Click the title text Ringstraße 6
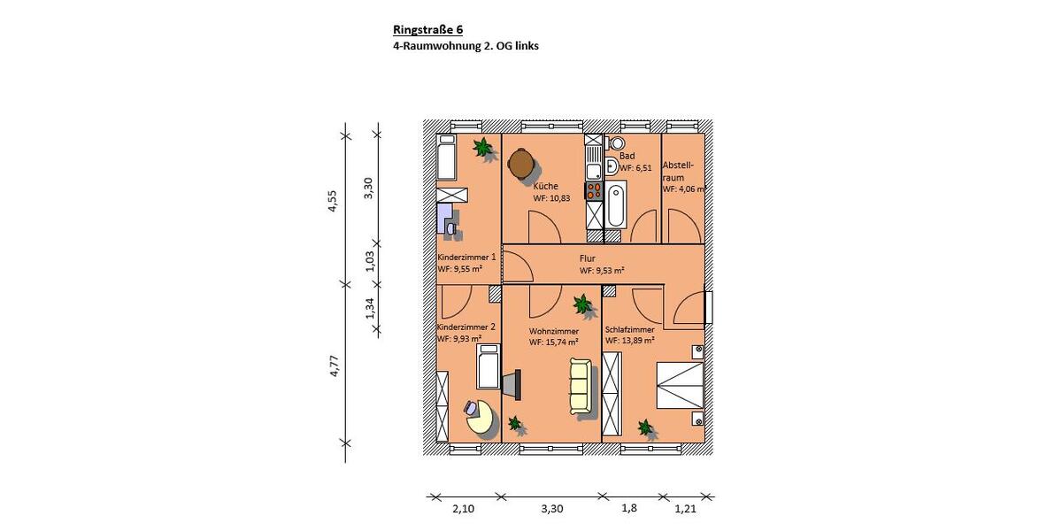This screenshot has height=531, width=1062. coord(428,29)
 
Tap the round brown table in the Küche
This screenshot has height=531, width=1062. coord(520,163)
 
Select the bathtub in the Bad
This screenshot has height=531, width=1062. coord(616,204)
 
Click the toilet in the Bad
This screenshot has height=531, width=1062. coord(617,143)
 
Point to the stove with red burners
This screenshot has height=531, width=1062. coord(593,189)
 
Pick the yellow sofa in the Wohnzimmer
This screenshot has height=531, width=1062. coord(580,386)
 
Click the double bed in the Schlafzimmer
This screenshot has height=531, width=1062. coord(680,386)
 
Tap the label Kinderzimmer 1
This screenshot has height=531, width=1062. coord(466,257)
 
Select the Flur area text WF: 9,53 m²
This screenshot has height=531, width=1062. coord(602,271)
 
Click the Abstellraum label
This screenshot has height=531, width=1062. coord(679,171)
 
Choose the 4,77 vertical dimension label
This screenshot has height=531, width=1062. coord(333,366)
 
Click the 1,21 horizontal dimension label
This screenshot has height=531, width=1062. coord(686,509)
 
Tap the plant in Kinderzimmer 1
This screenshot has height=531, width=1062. coord(483,148)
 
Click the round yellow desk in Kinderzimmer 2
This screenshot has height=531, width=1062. coord(481,418)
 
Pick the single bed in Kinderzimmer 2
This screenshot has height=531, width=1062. coord(489,366)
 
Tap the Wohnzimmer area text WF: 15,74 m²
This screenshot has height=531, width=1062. coord(554,342)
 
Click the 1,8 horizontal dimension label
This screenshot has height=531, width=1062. coord(629,509)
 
